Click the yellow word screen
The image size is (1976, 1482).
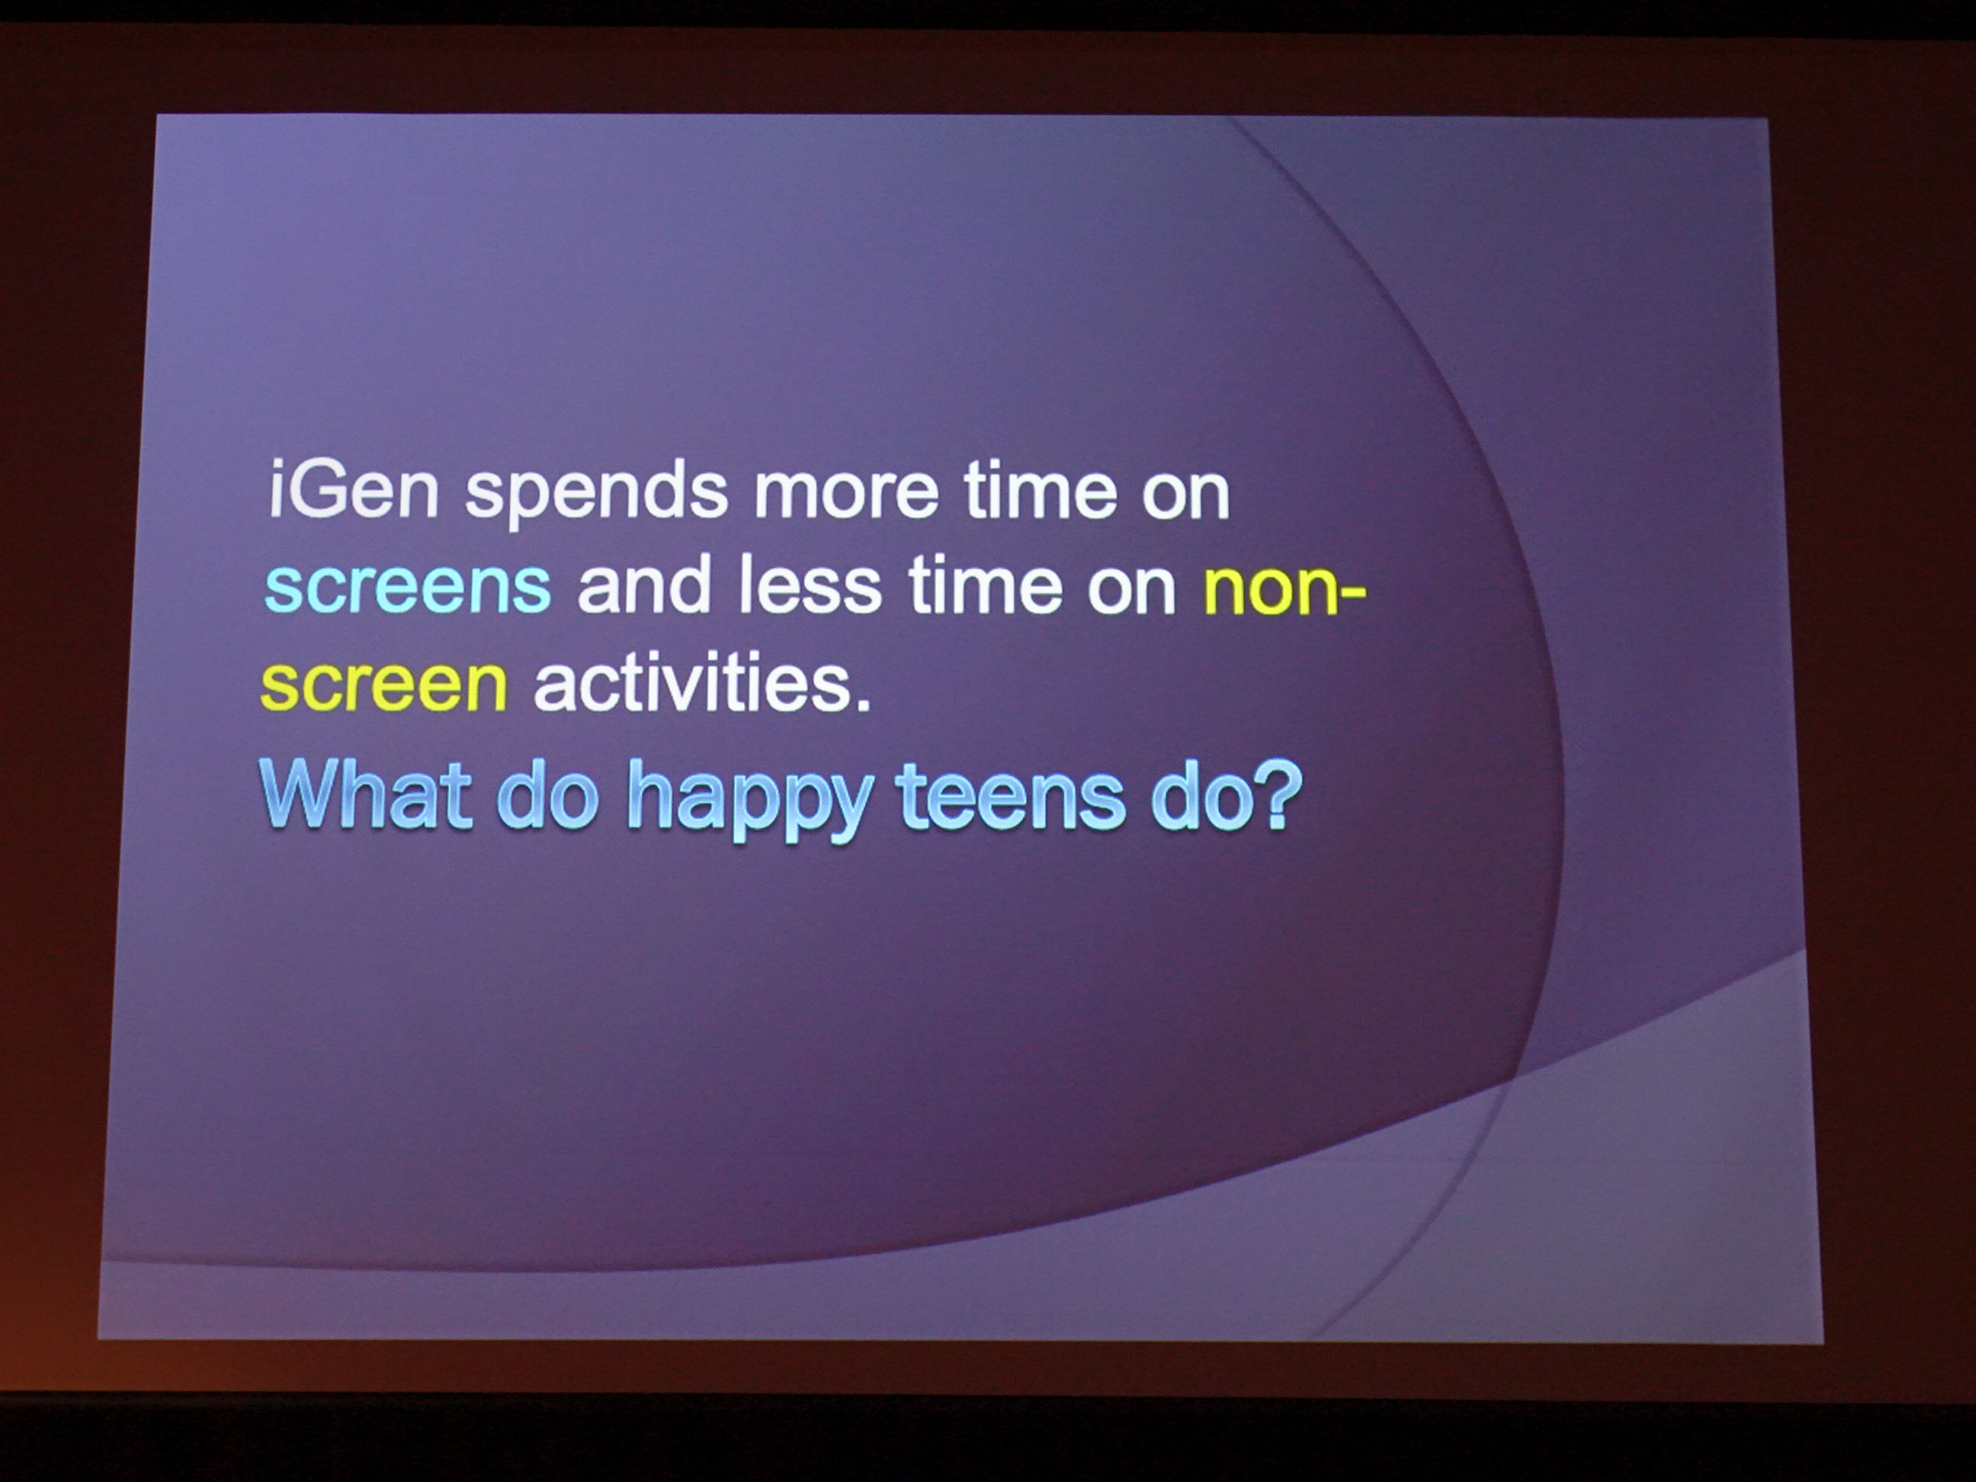pyautogui.click(x=384, y=686)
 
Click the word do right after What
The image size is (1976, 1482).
pyautogui.click(x=547, y=794)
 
